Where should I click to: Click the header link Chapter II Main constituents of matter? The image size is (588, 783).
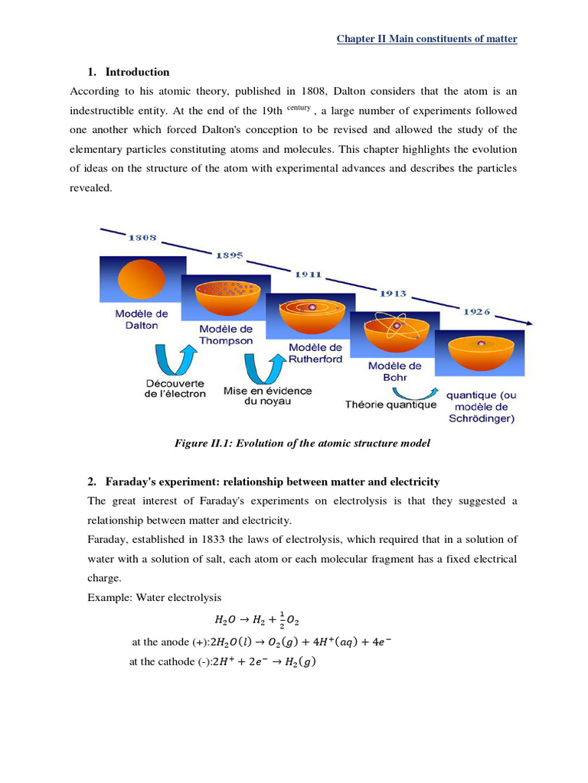427,39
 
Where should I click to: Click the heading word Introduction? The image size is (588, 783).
137,72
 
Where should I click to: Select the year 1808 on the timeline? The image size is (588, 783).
142,238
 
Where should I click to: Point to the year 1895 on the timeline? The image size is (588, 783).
229,255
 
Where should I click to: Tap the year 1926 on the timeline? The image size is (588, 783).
476,311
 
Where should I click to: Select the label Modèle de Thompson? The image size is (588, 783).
226,335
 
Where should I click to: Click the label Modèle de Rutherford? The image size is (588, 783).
315,353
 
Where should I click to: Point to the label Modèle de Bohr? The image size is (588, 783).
388,372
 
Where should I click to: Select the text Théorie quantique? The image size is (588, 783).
390,404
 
